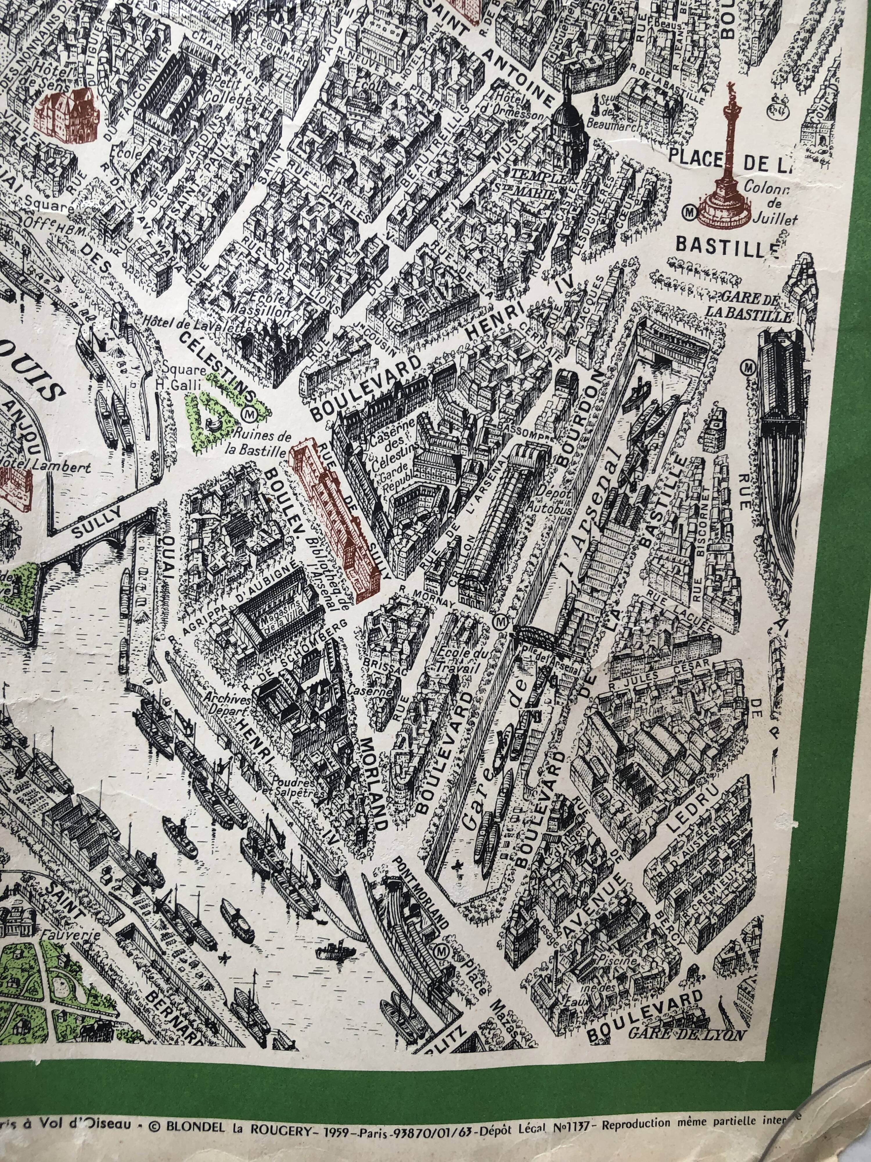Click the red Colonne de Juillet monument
(x=730, y=168)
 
